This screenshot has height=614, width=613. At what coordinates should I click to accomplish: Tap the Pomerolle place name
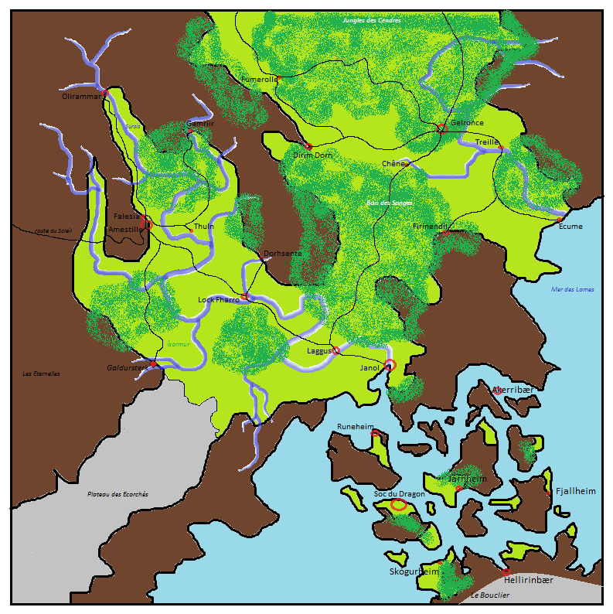(259, 80)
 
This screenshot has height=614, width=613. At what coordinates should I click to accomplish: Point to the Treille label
(486, 143)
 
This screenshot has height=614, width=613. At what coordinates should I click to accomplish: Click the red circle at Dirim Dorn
(308, 145)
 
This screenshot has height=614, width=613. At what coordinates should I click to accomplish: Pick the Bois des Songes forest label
(388, 203)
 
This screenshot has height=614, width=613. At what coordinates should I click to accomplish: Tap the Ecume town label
(570, 227)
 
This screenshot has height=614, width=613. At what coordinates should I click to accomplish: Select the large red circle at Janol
(390, 365)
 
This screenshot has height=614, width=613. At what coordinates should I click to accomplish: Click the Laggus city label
(318, 350)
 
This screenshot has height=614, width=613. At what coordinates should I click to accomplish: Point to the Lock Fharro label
(218, 299)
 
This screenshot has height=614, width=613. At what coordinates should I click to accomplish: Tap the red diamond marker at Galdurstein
(153, 363)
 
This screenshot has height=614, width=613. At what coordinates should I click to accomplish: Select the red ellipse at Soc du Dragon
(399, 505)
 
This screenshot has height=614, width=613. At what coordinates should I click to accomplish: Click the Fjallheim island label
(576, 491)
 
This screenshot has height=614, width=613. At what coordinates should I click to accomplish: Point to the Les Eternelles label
(42, 374)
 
